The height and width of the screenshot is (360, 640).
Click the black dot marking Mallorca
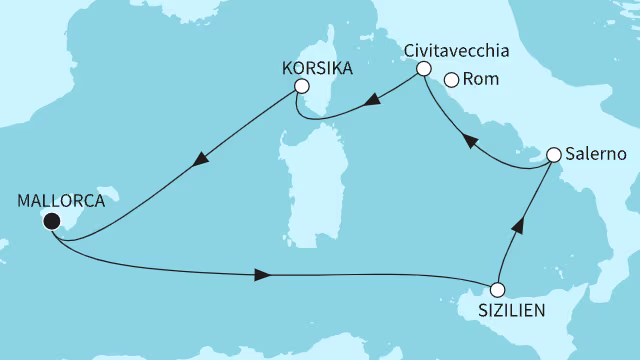coord(51,222)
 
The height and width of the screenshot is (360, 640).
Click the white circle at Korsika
coord(299,88)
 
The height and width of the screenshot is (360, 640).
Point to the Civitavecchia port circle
coord(423,69)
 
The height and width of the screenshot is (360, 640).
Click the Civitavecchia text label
coord(461,49)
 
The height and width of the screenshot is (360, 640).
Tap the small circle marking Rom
coord(451,82)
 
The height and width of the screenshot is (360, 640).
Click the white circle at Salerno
coord(551,155)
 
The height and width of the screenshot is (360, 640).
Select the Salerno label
coord(595,155)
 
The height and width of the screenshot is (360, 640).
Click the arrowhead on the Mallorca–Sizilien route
coord(262,274)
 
